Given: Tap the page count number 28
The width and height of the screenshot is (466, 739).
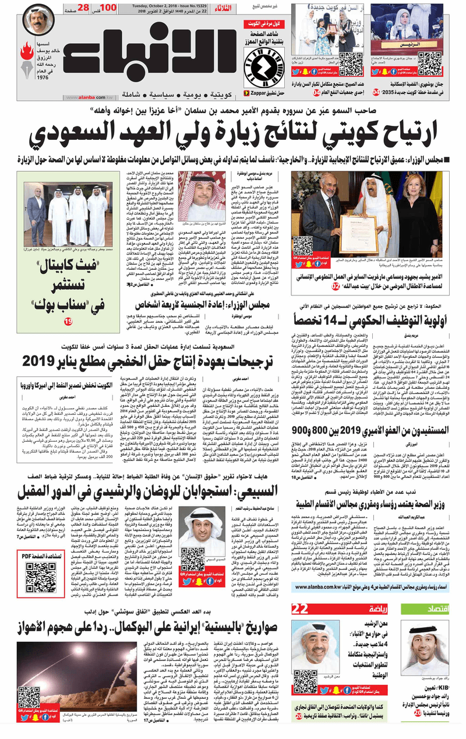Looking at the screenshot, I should tap(83, 8).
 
